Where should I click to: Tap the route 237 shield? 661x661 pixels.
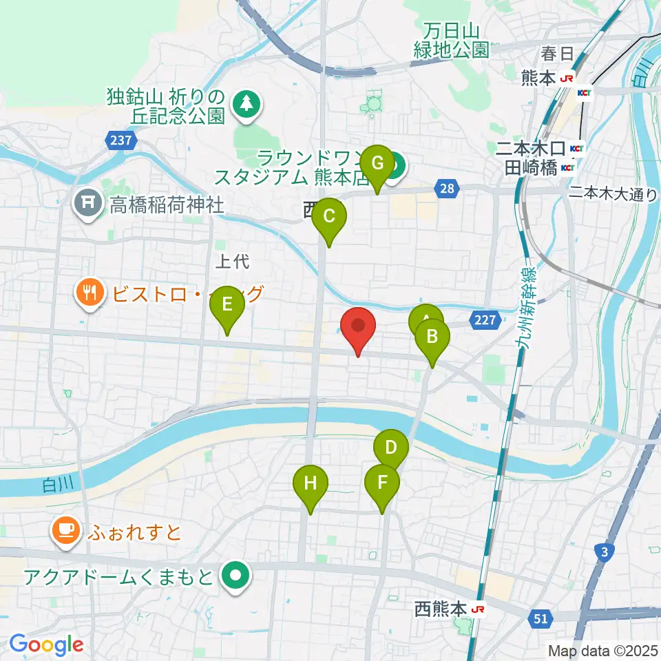coord(120,140)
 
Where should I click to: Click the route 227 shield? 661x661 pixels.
coord(485,319)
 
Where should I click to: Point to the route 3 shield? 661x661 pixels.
coord(603,552)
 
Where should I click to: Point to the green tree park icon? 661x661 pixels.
coord(246,105)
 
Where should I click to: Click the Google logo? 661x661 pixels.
coord(46,645)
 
